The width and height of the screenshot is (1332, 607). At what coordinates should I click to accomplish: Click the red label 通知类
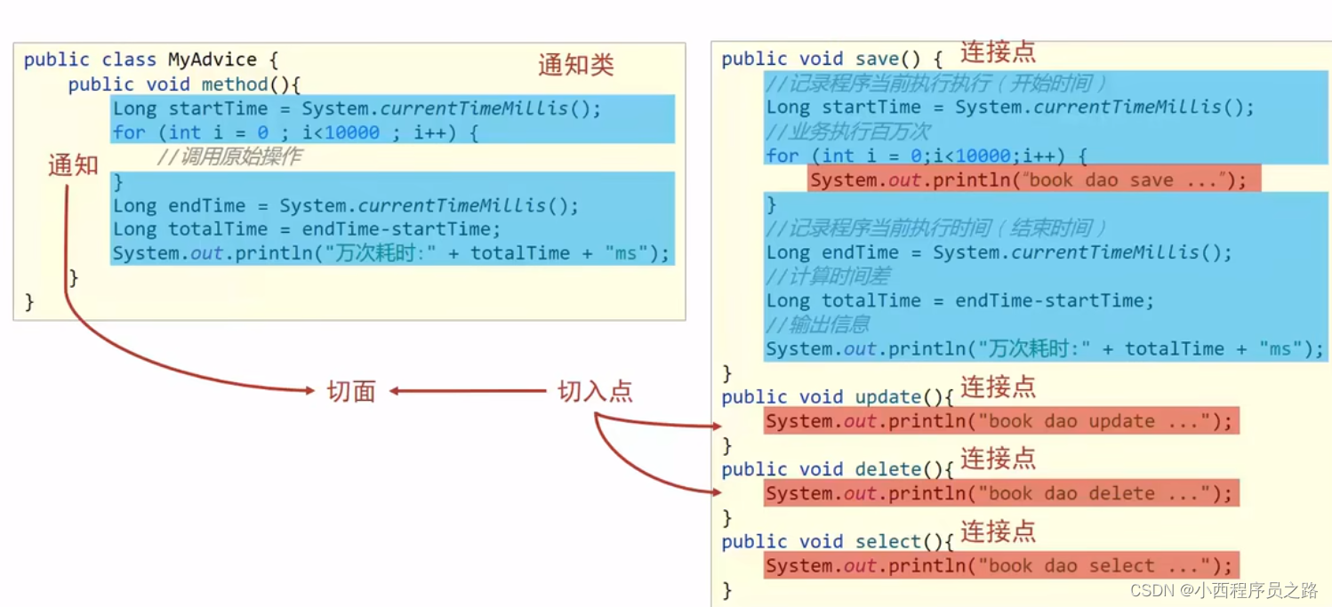pyautogui.click(x=575, y=66)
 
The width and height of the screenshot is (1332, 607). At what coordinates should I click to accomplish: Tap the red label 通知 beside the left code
pyautogui.click(x=73, y=165)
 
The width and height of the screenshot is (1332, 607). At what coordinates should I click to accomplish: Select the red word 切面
pyautogui.click(x=351, y=391)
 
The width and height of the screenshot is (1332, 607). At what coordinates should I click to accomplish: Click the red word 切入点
pyautogui.click(x=595, y=391)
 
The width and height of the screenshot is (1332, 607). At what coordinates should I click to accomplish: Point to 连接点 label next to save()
pyautogui.click(x=998, y=52)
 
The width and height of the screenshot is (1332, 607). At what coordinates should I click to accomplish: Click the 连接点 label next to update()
pyautogui.click(x=998, y=387)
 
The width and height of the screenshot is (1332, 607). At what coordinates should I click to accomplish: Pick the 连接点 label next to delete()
pyautogui.click(x=998, y=459)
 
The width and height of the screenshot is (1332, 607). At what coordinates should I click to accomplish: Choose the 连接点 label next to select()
pyautogui.click(x=998, y=531)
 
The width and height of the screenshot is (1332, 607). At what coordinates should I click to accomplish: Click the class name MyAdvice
pyautogui.click(x=213, y=60)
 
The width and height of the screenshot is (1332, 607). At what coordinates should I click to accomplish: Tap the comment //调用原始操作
pyautogui.click(x=229, y=157)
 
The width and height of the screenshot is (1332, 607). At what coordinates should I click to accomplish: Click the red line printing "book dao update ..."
pyautogui.click(x=999, y=421)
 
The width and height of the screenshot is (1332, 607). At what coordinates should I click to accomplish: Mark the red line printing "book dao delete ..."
pyautogui.click(x=999, y=493)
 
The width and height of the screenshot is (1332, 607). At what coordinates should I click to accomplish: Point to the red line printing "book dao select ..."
pyautogui.click(x=999, y=566)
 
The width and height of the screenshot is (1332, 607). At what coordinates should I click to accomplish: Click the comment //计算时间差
pyautogui.click(x=828, y=276)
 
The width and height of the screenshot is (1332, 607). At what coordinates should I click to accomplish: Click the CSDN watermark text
pyautogui.click(x=1224, y=590)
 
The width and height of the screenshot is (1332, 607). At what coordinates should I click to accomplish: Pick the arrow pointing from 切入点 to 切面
pyautogui.click(x=468, y=391)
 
